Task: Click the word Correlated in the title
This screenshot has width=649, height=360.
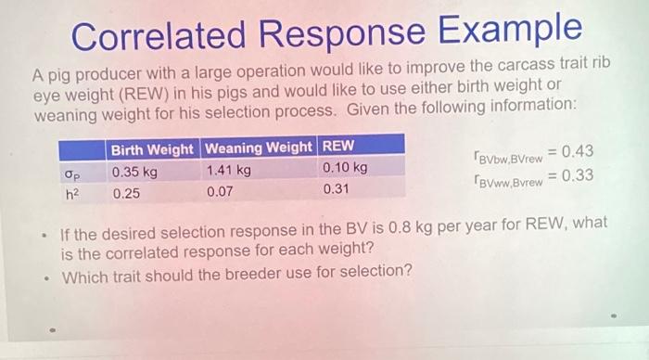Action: [166, 37]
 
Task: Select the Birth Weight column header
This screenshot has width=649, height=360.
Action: [152, 149]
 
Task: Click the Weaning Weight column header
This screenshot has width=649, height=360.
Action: [259, 148]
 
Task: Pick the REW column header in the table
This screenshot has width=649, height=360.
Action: [339, 147]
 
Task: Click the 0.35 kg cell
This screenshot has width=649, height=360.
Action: [134, 171]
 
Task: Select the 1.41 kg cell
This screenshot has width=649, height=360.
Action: [227, 170]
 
